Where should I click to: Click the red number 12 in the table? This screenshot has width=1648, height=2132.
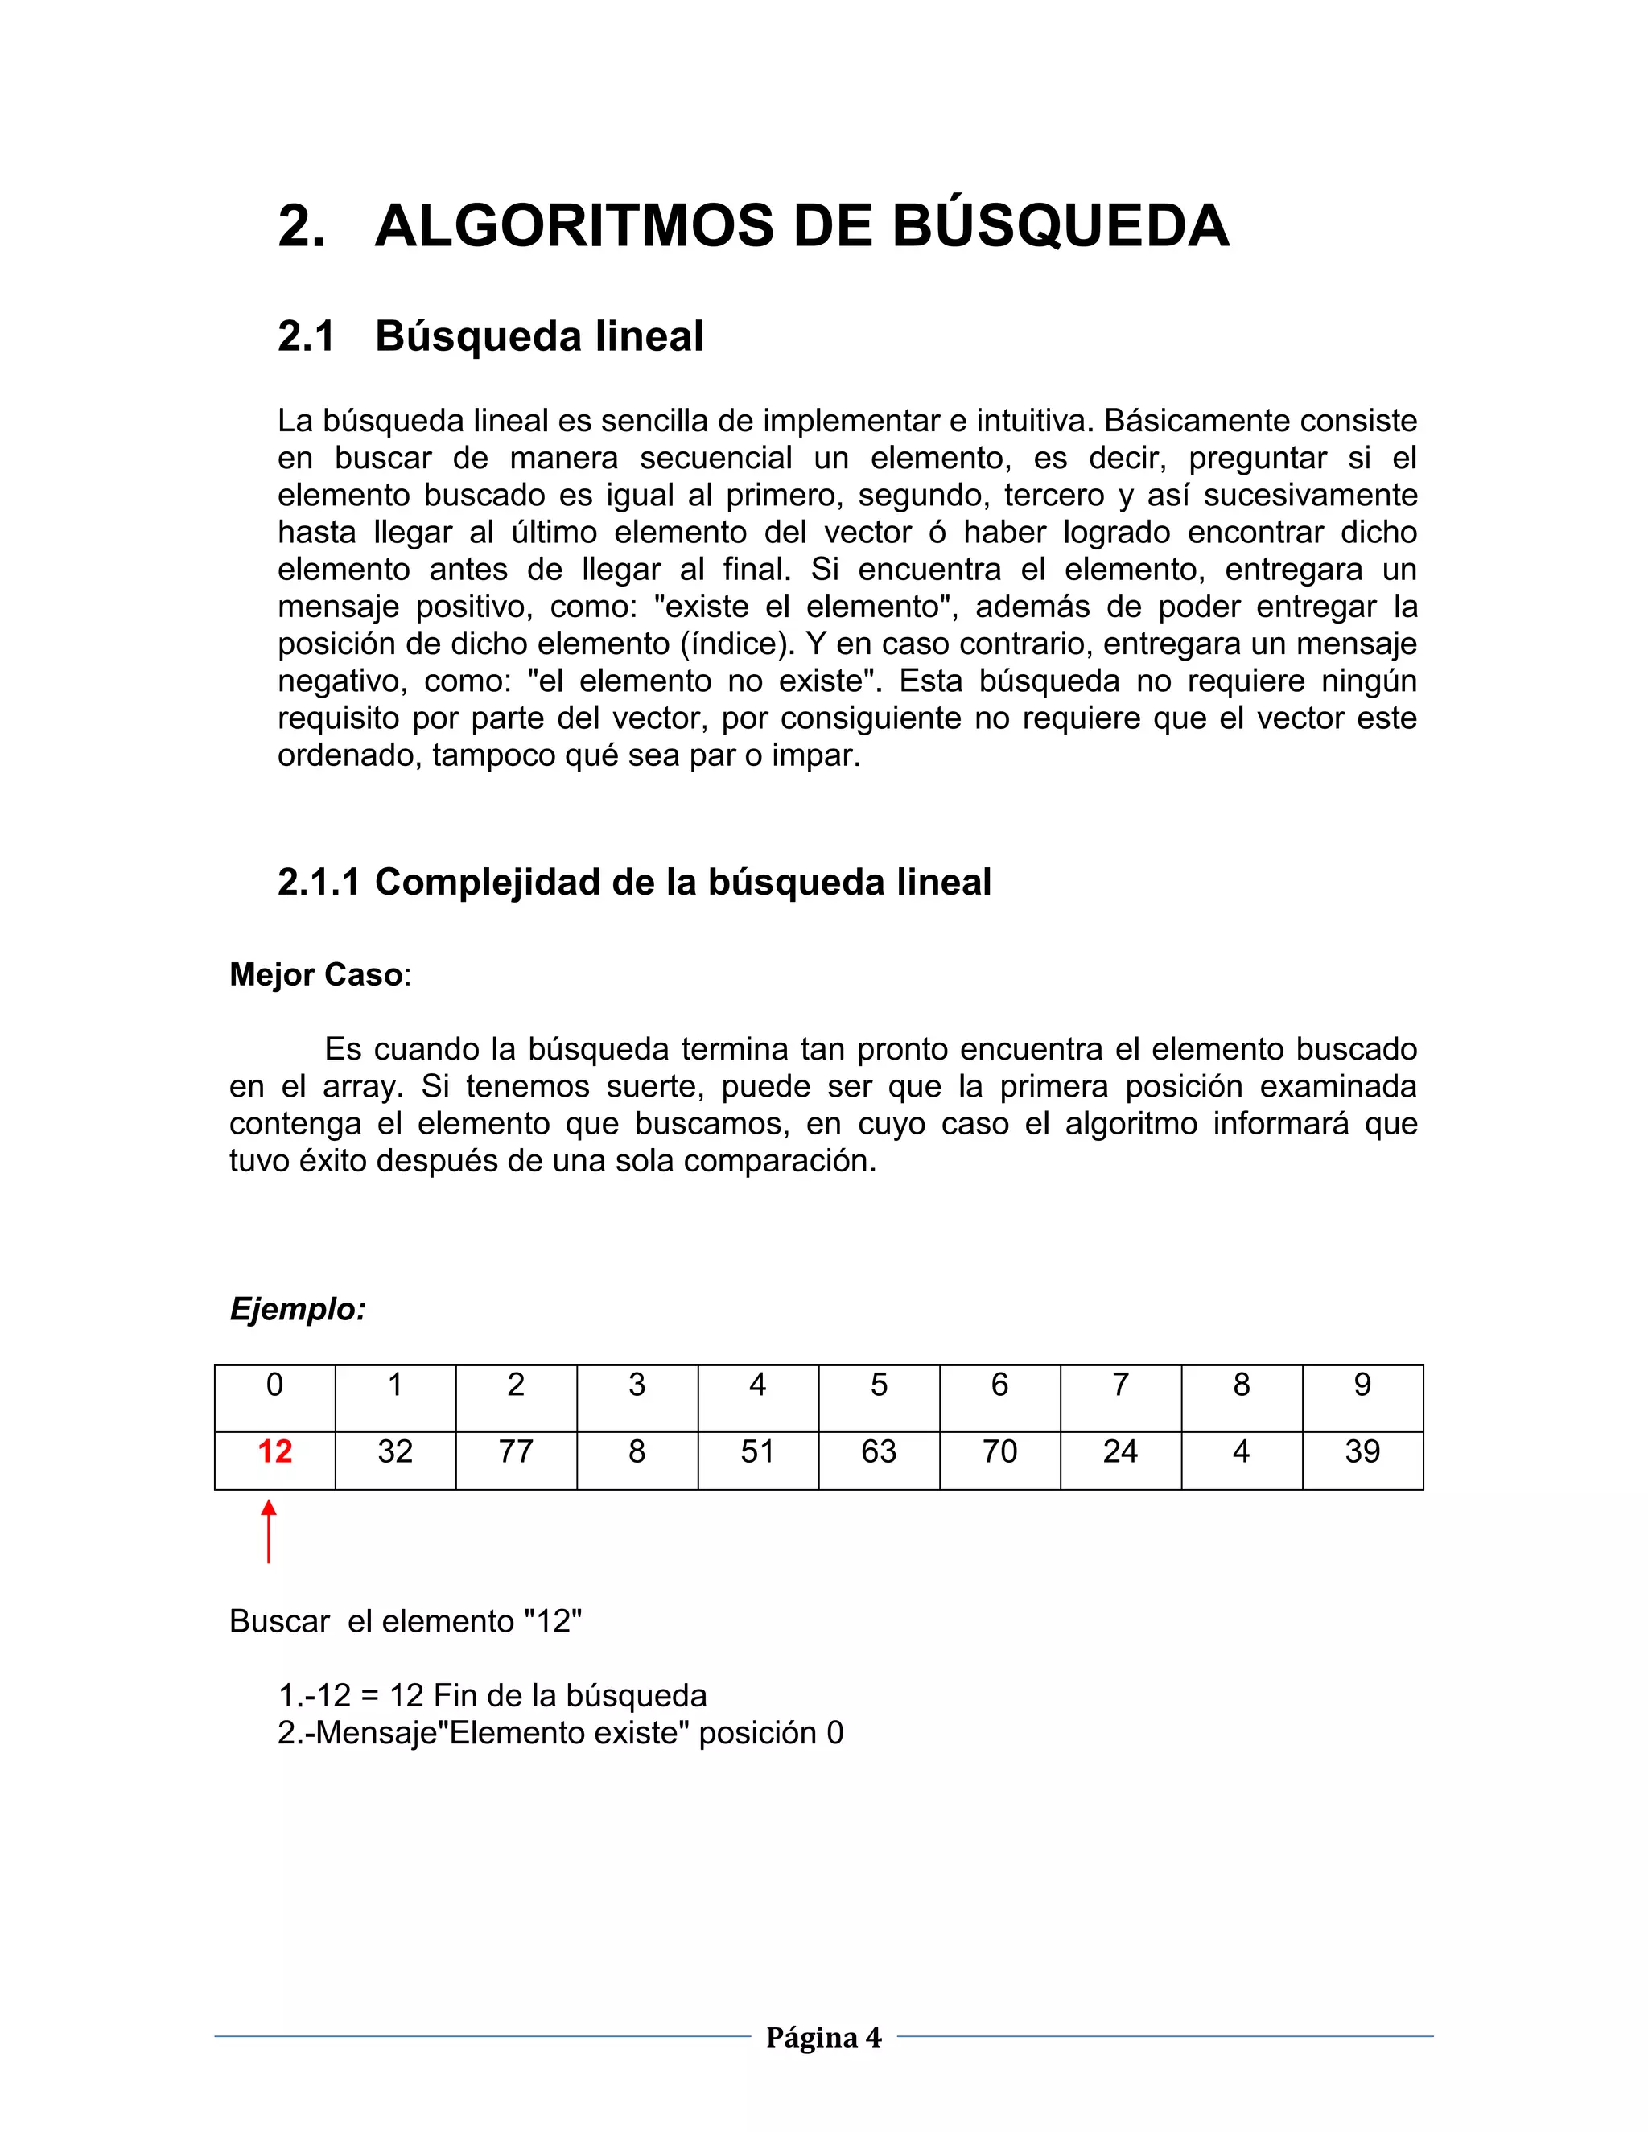[274, 1451]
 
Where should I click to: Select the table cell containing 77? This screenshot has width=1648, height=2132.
[516, 1451]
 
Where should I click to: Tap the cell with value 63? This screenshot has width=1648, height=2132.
[879, 1451]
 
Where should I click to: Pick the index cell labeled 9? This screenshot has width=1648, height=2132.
[1362, 1385]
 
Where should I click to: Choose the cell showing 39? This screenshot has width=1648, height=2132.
[1362, 1451]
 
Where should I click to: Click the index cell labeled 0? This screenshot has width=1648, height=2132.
[274, 1385]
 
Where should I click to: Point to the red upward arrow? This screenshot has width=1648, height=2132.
[269, 1532]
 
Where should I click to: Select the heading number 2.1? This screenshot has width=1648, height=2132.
[306, 337]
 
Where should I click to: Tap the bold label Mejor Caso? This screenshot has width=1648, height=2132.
[315, 974]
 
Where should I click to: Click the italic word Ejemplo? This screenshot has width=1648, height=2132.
[297, 1309]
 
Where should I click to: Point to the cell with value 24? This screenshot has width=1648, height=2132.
[1120, 1451]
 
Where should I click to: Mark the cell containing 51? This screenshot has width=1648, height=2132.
[757, 1451]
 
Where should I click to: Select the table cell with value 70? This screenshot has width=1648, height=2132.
[999, 1451]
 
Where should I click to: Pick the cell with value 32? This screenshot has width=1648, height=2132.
[395, 1451]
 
